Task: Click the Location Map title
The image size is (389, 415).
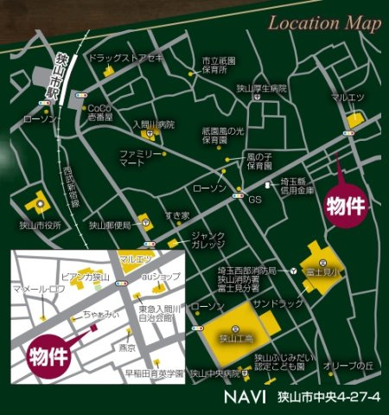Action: pos(323,23)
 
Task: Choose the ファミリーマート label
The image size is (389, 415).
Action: pos(136,158)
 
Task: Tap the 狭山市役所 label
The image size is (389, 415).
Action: pos(40,225)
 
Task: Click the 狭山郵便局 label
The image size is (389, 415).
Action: pos(110,225)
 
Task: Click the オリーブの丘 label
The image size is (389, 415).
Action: pos(346,367)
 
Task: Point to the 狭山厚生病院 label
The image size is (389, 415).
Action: pos(261,87)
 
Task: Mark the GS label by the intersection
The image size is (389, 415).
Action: pos(254,200)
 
